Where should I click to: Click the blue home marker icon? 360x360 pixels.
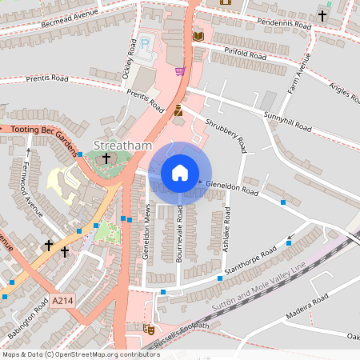coord(180,173)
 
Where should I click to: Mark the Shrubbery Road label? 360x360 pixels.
coord(224,133)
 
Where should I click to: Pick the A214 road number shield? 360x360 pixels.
coord(62,301)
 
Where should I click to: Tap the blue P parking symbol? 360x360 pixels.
coord(144,42)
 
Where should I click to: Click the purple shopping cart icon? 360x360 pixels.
coord(179,71)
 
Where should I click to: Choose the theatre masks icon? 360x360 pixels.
coord(148,328)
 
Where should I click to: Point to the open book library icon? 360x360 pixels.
coord(198,36)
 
